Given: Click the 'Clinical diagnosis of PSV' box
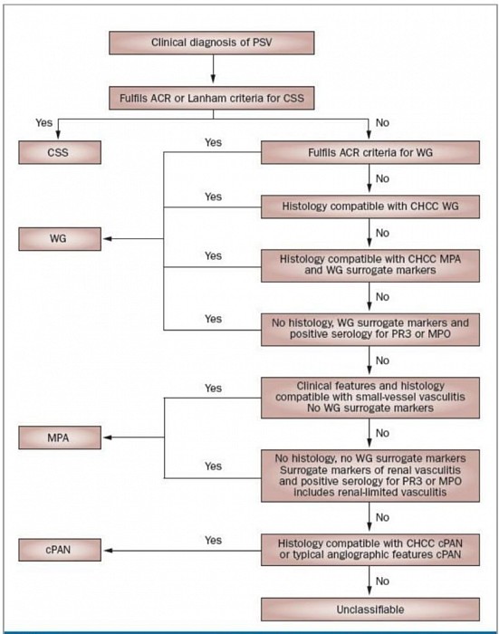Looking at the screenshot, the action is pyautogui.click(x=212, y=43).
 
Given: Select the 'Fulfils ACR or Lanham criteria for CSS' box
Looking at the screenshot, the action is pyautogui.click(x=212, y=98).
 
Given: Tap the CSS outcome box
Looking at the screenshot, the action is pyautogui.click(x=60, y=152).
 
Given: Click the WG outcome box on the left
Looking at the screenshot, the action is pyautogui.click(x=60, y=238).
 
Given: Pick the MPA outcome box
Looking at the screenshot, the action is pyautogui.click(x=60, y=437).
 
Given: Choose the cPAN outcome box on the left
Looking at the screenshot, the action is pyautogui.click(x=60, y=550).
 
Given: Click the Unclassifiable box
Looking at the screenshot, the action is pyautogui.click(x=370, y=610).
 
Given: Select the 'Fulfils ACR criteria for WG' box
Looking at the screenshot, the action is pyautogui.click(x=370, y=152).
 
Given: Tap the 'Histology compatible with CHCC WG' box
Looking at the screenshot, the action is pyautogui.click(x=370, y=207).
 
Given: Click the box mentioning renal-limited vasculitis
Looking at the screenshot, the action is pyautogui.click(x=370, y=475).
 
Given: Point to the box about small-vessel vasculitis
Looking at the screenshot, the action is pyautogui.click(x=370, y=398).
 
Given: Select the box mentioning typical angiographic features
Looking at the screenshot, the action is pyautogui.click(x=370, y=550).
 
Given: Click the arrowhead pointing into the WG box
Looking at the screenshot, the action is pyautogui.click(x=107, y=238).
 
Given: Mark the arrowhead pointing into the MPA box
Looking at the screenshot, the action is pyautogui.click(x=107, y=437).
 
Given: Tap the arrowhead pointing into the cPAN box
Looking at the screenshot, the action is pyautogui.click(x=107, y=551).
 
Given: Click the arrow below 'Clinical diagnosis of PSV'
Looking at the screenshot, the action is pyautogui.click(x=213, y=69).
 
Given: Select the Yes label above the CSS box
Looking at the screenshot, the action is pyautogui.click(x=43, y=122).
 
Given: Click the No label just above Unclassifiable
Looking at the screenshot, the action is pyautogui.click(x=382, y=581).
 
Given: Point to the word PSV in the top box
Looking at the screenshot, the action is pyautogui.click(x=261, y=43).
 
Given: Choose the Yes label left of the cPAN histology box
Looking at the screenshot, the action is pyautogui.click(x=213, y=540).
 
